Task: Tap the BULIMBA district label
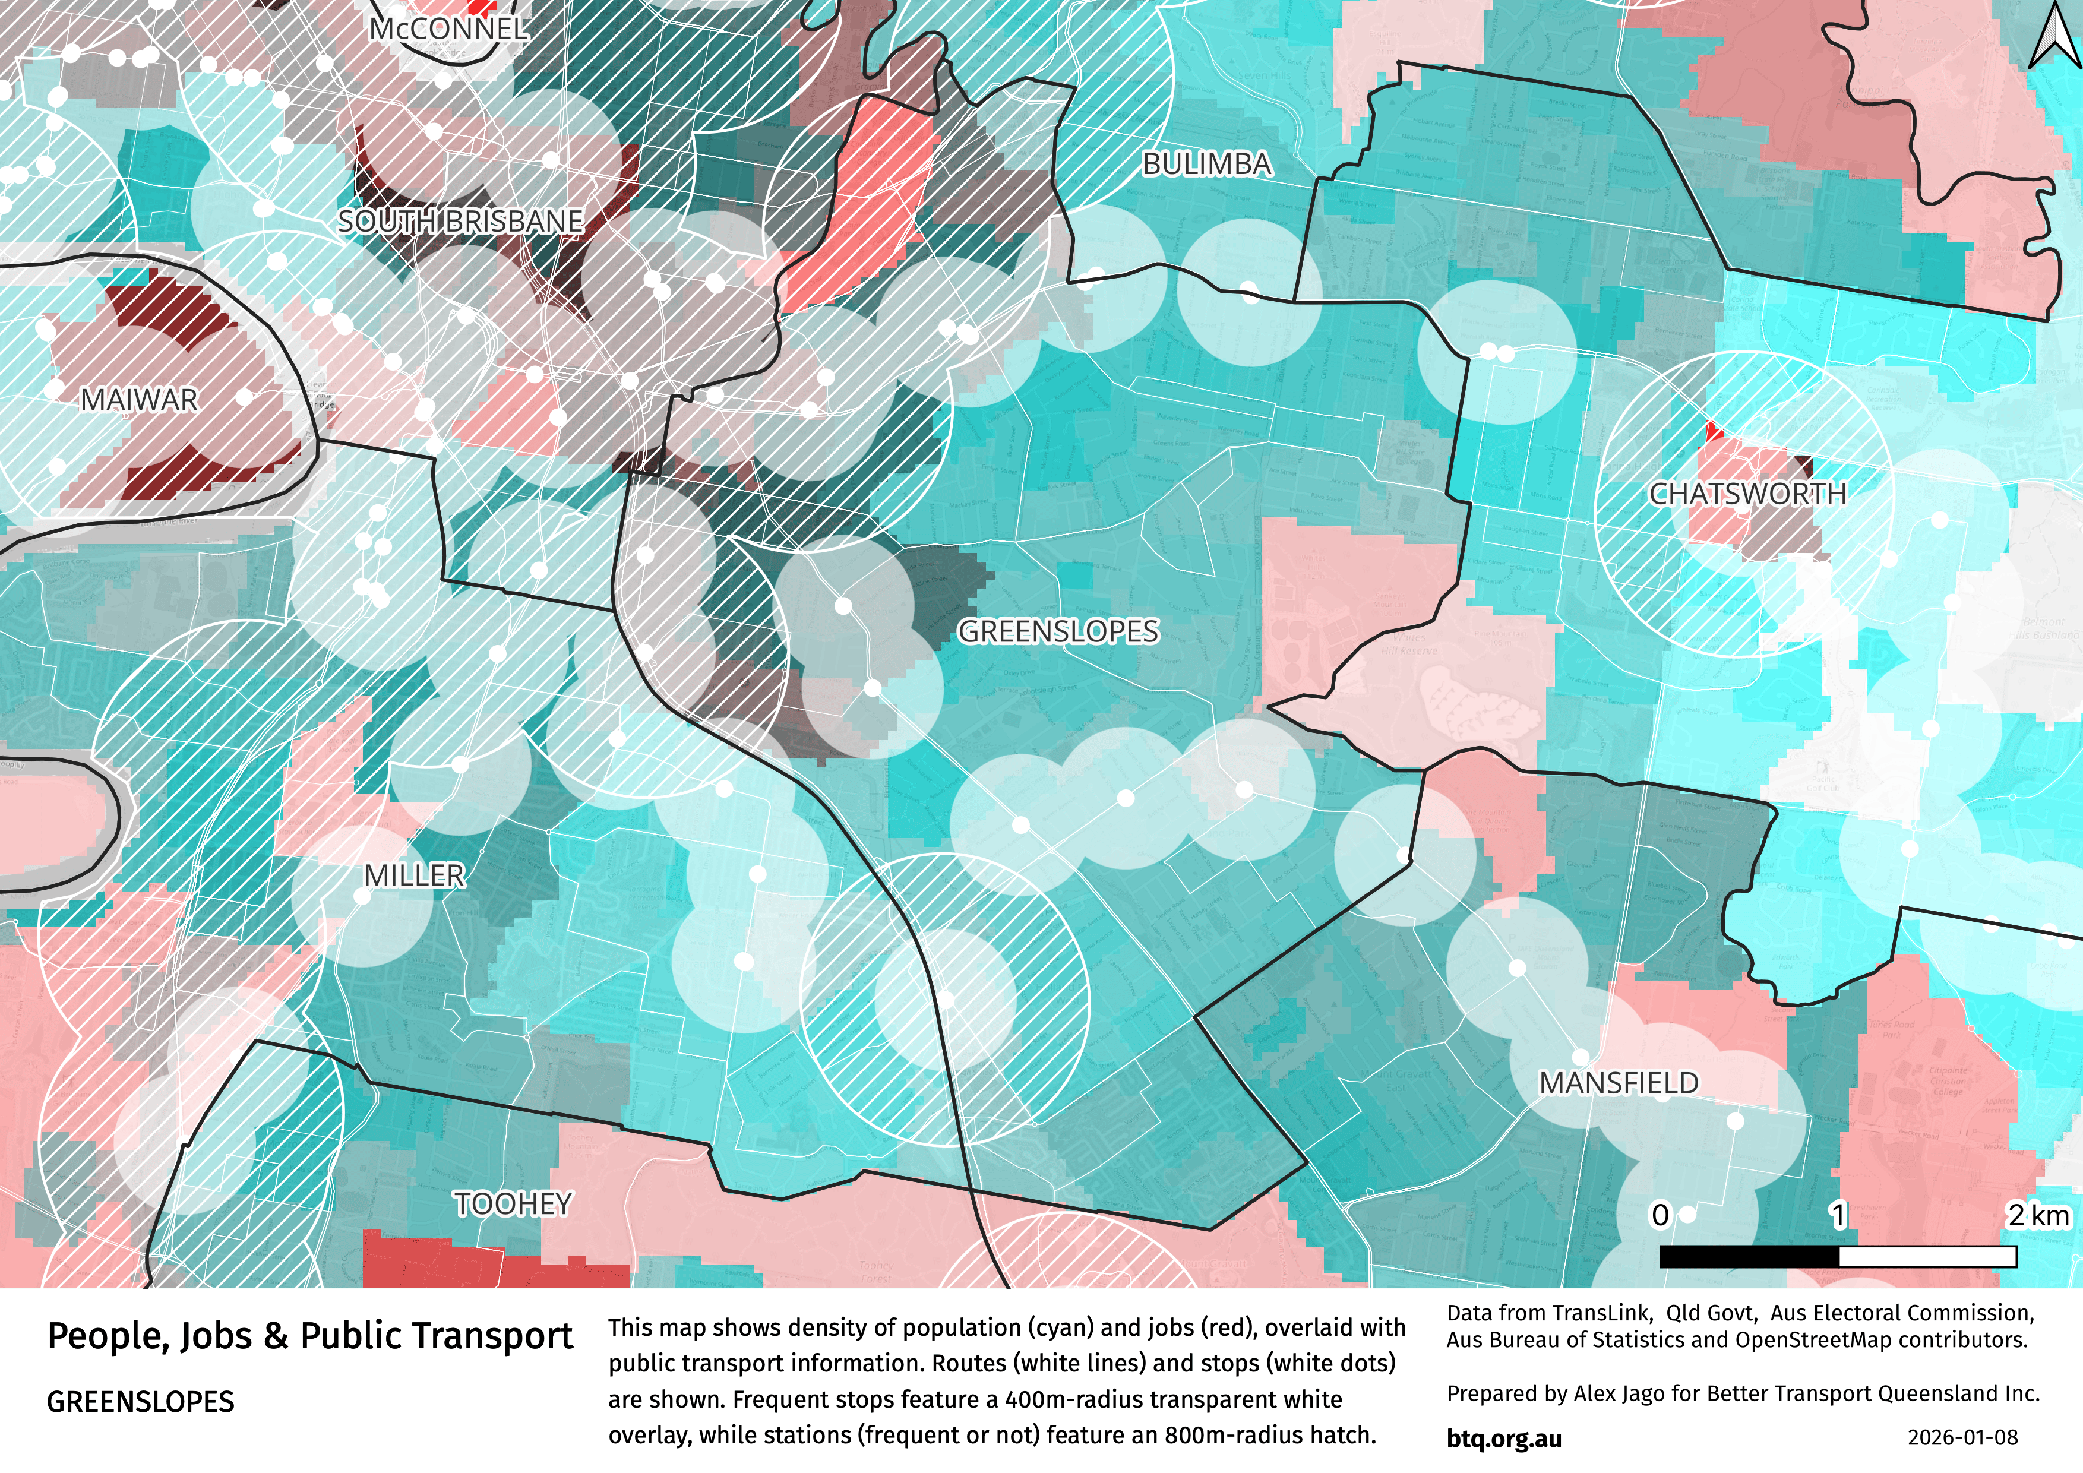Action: pyautogui.click(x=1206, y=164)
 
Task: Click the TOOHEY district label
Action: pyautogui.click(x=514, y=1203)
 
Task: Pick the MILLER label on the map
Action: pyautogui.click(x=415, y=875)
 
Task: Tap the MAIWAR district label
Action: pyautogui.click(x=139, y=400)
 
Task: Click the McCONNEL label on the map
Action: pyautogui.click(x=448, y=29)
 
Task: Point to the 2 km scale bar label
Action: pyautogui.click(x=2038, y=1215)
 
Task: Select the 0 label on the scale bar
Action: pyautogui.click(x=1660, y=1215)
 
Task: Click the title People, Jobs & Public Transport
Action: pyautogui.click(x=309, y=1336)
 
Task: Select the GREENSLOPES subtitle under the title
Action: pyautogui.click(x=141, y=1402)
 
